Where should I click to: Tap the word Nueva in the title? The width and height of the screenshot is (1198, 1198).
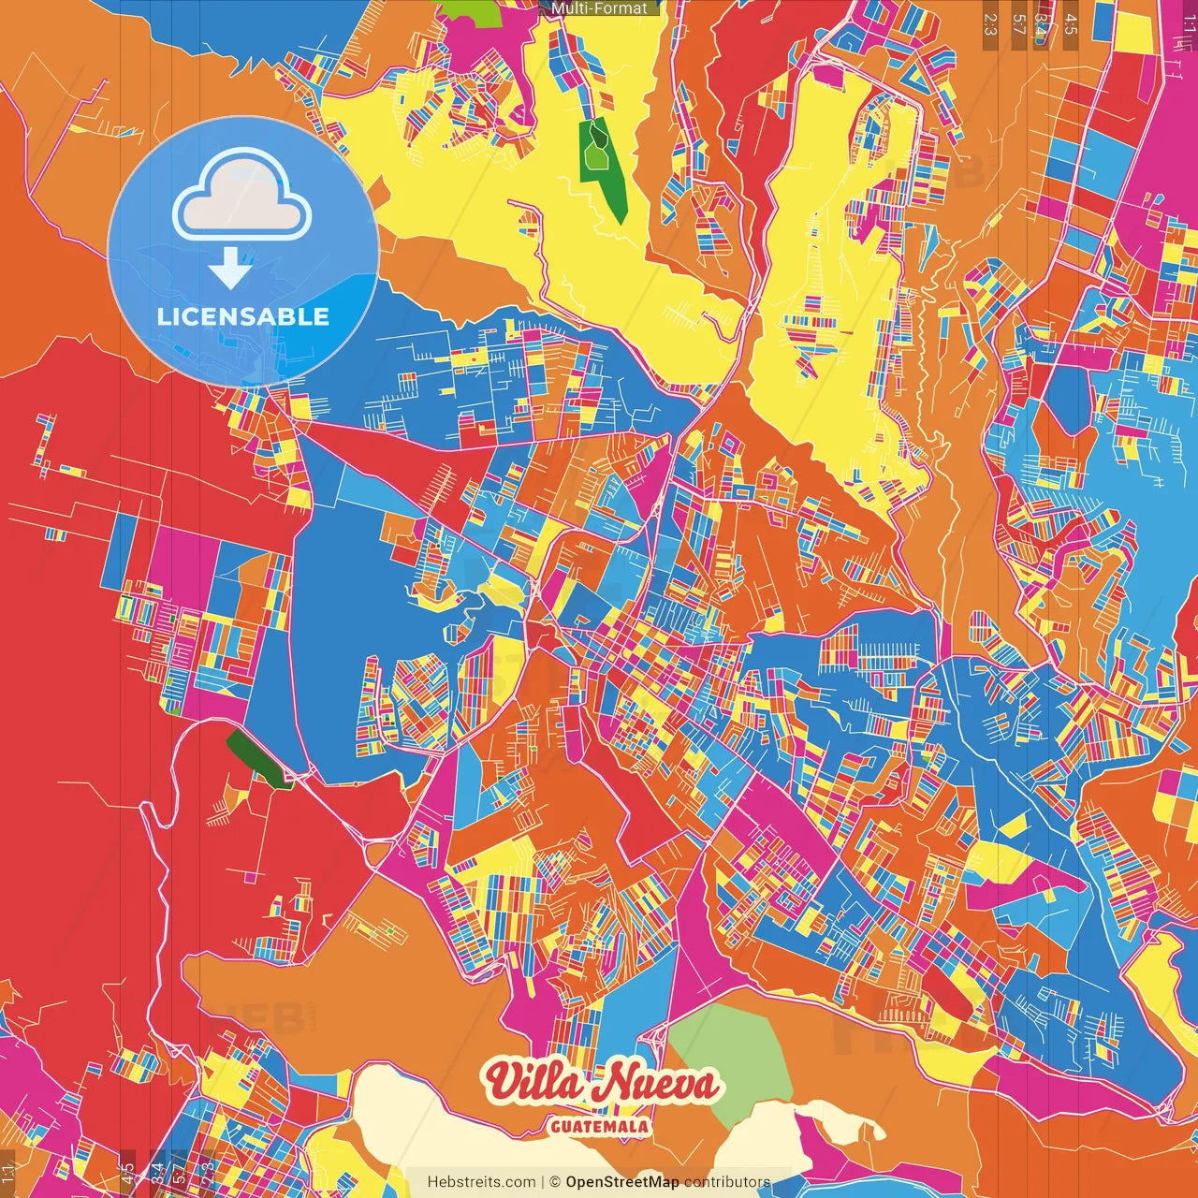(660, 1084)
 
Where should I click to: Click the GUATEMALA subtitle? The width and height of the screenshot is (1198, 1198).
(600, 1126)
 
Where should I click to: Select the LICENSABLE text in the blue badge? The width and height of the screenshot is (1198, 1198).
(243, 316)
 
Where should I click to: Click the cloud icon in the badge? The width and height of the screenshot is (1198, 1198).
(242, 195)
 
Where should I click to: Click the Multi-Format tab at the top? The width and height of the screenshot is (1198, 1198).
(599, 8)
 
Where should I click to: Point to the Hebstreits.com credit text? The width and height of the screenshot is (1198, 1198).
(481, 1182)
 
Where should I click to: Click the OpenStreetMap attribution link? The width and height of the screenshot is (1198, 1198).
(622, 1182)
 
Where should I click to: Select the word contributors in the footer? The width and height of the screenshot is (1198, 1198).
(727, 1182)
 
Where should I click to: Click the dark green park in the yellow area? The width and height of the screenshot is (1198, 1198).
(599, 159)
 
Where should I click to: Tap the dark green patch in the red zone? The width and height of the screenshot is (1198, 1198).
(255, 758)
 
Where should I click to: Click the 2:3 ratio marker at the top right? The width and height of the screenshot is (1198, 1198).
(990, 24)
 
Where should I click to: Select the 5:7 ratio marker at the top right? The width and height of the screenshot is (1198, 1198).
(1017, 24)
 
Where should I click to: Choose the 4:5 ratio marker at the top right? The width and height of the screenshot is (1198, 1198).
(1071, 24)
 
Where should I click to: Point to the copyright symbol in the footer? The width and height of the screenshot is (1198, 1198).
(554, 1182)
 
